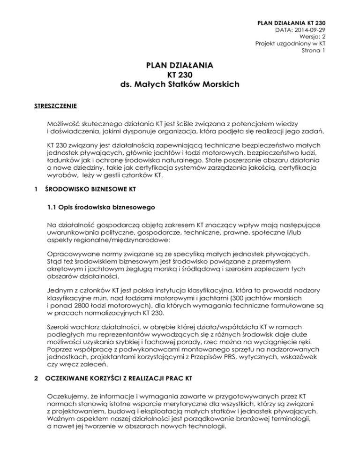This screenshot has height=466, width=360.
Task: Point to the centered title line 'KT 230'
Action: tap(180, 76)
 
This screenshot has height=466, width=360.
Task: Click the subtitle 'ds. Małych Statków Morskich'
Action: tap(180, 85)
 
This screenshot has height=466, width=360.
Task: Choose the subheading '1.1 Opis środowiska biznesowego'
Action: tap(100, 207)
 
